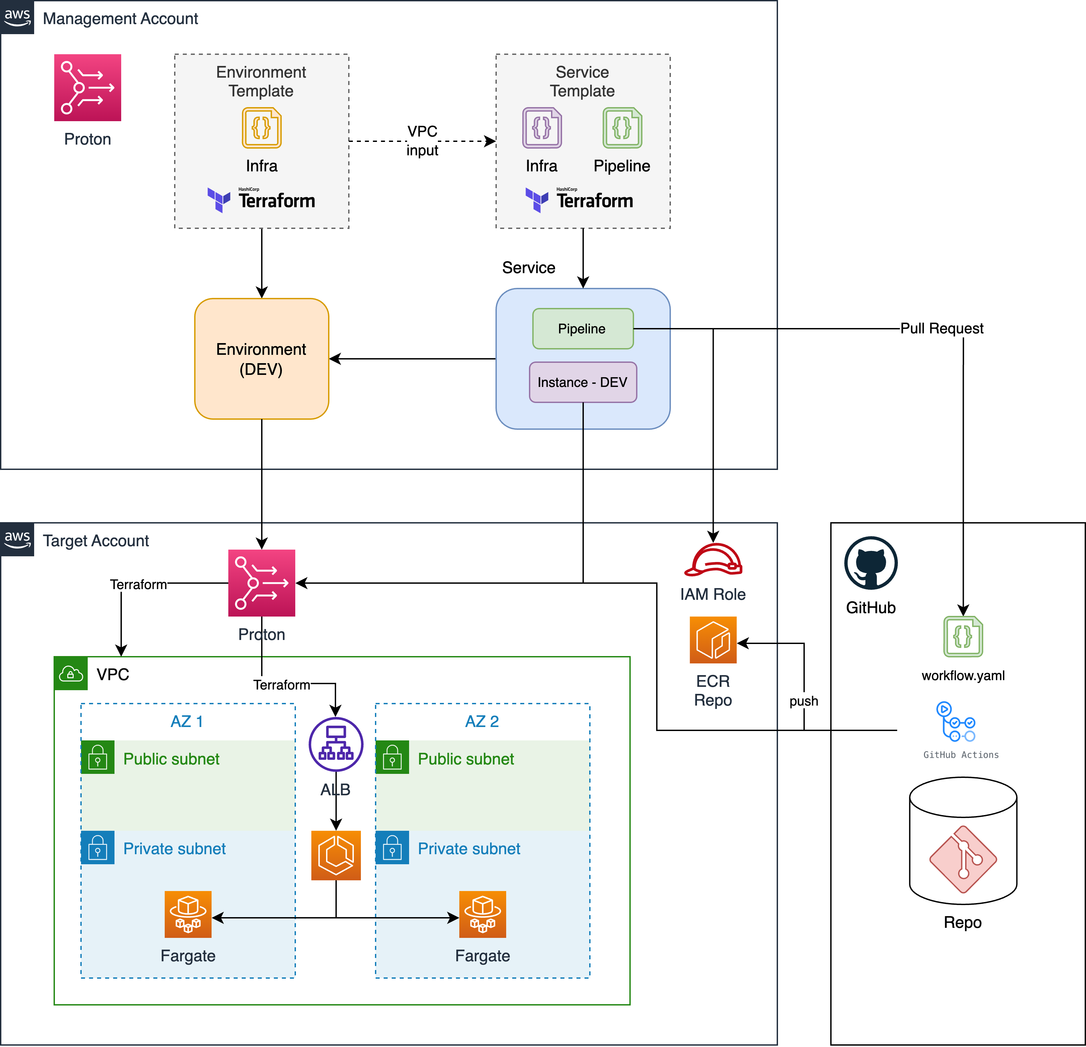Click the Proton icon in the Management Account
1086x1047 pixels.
point(88,87)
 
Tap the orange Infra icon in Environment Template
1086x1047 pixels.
point(261,128)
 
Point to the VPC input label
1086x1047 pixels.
point(422,141)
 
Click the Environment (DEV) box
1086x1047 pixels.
point(261,359)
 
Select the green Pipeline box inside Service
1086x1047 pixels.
point(583,328)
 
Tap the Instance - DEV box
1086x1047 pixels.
point(583,382)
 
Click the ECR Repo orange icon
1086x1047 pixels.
point(713,640)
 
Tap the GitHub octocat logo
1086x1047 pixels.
point(870,563)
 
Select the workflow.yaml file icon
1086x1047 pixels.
point(963,637)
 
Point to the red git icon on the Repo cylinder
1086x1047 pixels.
point(963,859)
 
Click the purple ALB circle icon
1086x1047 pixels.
point(336,744)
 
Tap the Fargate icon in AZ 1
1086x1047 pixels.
point(188,914)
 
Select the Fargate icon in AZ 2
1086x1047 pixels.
point(483,914)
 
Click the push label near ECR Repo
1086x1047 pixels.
point(803,701)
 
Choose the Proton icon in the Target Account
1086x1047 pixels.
point(261,583)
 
